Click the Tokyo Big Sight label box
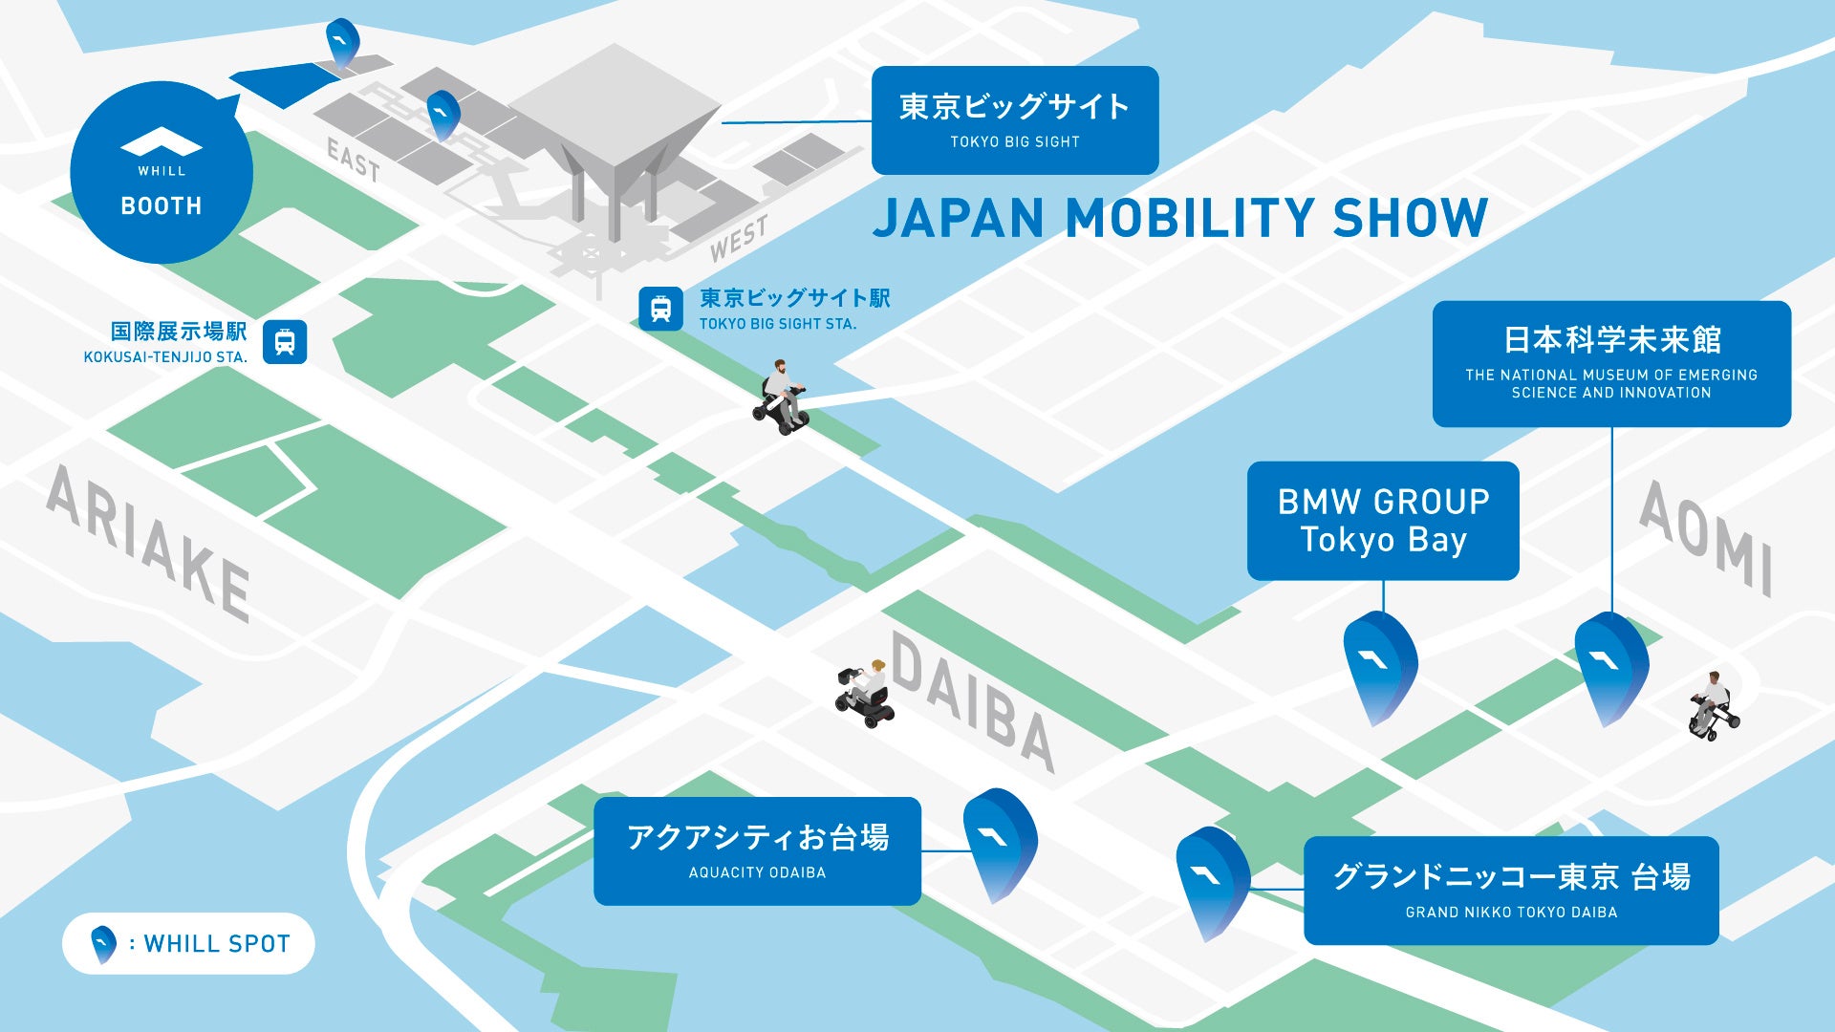click(x=1014, y=120)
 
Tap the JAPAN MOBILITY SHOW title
click(x=1180, y=218)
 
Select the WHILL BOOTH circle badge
click(x=162, y=173)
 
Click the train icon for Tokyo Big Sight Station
click(x=660, y=309)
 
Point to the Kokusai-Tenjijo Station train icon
click(x=285, y=342)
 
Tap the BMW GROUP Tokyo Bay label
click(x=1382, y=521)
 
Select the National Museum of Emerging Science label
click(x=1610, y=363)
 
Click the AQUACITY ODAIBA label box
click(x=757, y=850)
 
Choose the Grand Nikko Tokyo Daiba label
click(x=1510, y=890)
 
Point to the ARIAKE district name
click(x=149, y=543)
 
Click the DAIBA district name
click(x=973, y=700)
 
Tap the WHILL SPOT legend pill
click(x=188, y=943)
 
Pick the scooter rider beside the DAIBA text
click(x=866, y=694)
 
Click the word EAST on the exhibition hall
click(x=354, y=159)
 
